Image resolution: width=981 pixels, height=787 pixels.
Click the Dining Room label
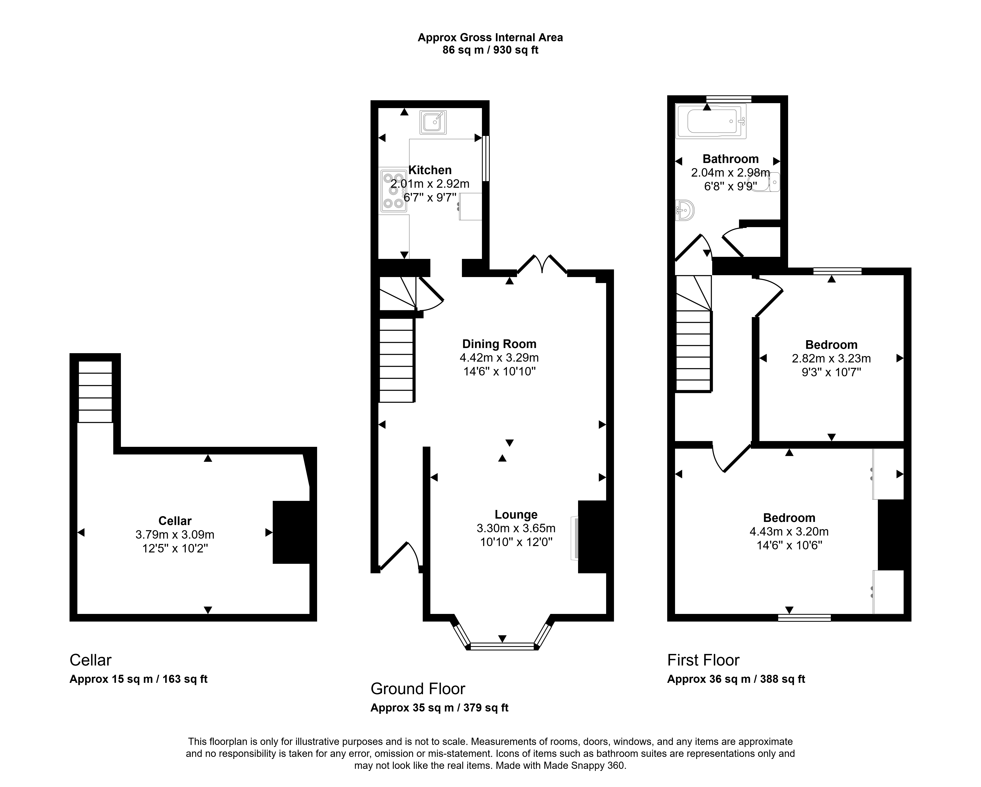(499, 344)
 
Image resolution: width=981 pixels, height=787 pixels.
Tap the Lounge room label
(516, 514)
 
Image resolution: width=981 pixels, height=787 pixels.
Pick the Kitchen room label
(430, 170)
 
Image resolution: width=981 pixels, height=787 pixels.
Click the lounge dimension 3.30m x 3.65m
(516, 528)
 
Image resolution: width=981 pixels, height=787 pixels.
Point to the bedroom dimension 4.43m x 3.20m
(789, 531)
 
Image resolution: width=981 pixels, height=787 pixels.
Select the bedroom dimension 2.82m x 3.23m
(831, 359)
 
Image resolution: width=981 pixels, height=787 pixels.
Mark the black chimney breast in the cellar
(291, 532)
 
